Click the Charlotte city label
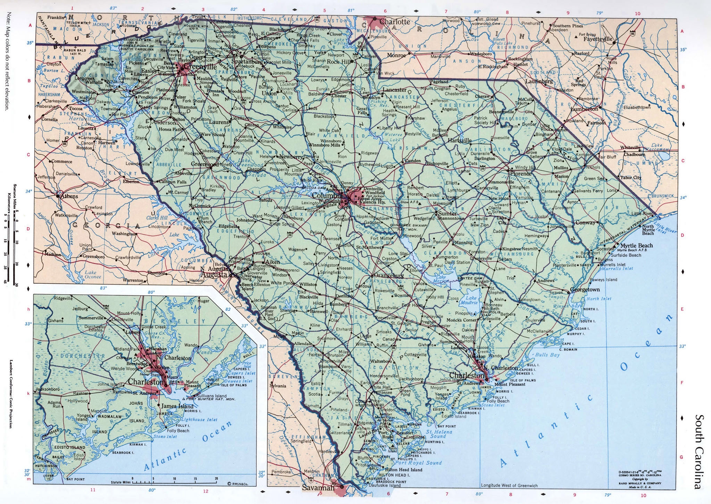click(x=394, y=22)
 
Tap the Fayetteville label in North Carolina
click(x=597, y=39)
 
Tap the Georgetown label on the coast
click(x=585, y=289)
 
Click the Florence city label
click(x=521, y=173)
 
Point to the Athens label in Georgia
click(x=69, y=196)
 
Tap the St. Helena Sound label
click(x=439, y=434)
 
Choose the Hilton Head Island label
click(x=399, y=470)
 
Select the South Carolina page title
click(x=699, y=451)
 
